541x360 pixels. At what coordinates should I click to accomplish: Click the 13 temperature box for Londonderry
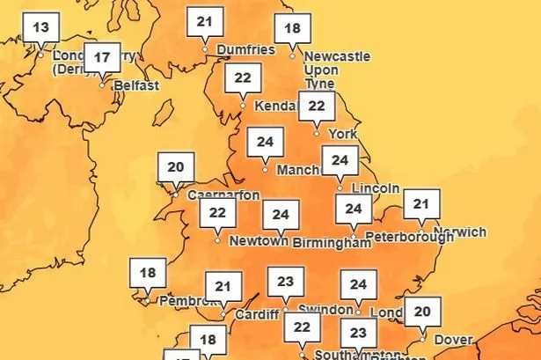tap(40, 27)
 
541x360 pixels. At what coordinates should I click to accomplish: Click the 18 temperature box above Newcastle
tap(292, 29)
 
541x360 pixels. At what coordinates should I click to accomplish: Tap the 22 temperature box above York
tap(318, 107)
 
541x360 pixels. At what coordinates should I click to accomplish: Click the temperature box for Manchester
tap(265, 141)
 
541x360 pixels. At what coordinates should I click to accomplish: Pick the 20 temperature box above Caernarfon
tap(176, 166)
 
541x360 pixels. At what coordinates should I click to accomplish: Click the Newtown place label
tap(259, 240)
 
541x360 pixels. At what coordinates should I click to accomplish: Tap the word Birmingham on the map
tap(331, 242)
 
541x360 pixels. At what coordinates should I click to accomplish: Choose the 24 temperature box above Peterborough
tap(354, 209)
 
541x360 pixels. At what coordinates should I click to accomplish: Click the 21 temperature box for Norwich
tap(421, 205)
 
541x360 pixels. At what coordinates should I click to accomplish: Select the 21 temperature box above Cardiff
tap(223, 286)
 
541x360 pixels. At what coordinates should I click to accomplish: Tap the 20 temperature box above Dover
tap(422, 311)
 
